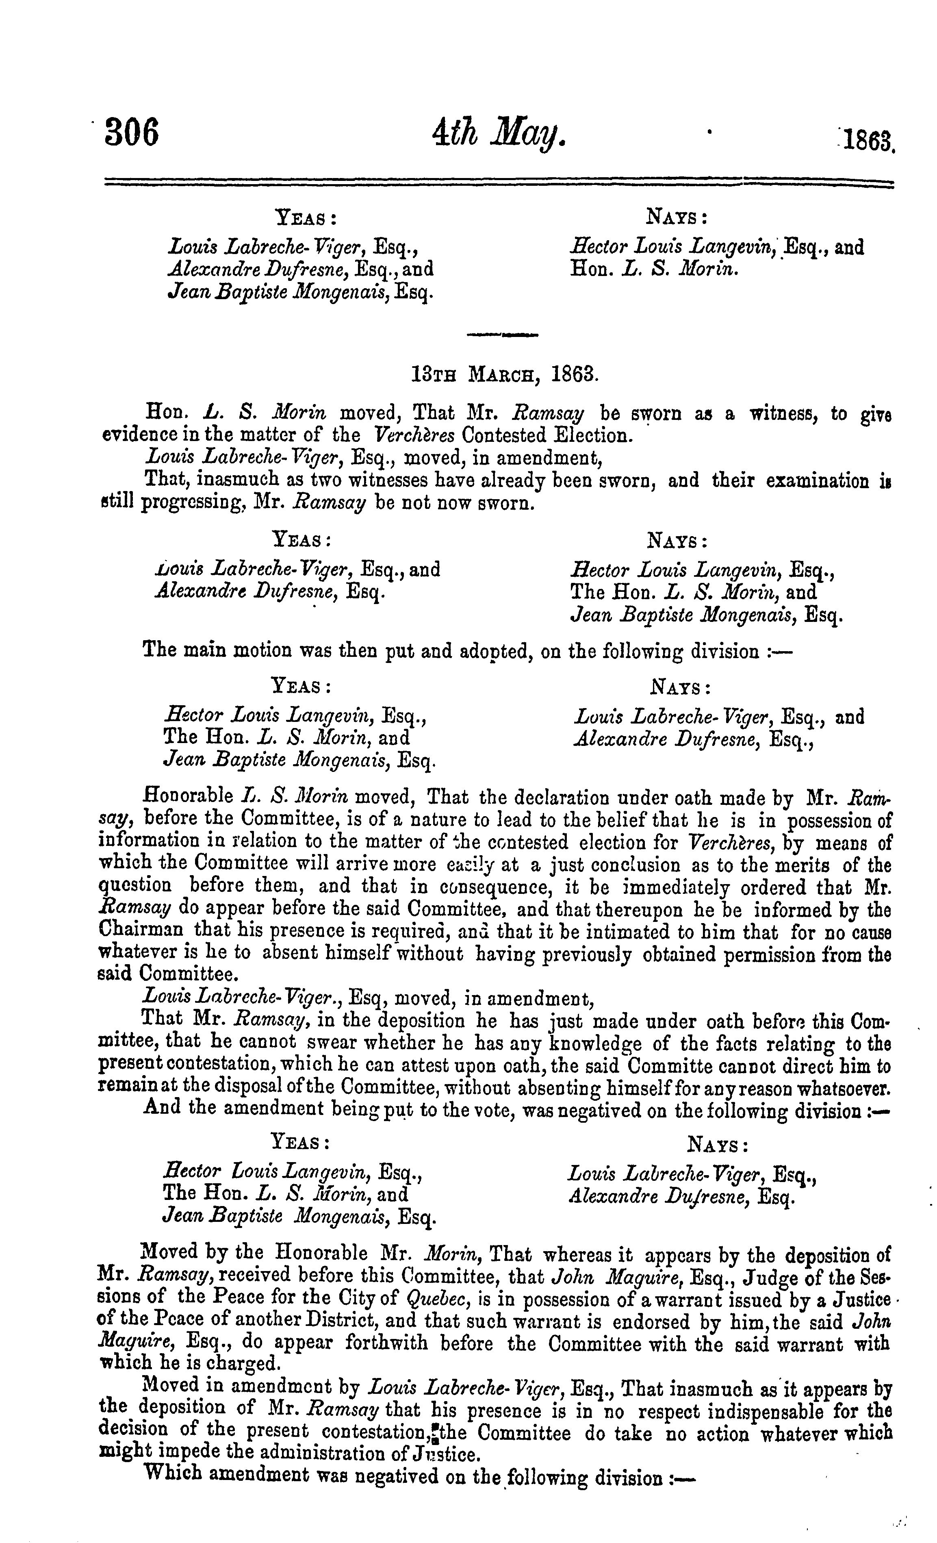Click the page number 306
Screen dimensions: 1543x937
pos(132,132)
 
